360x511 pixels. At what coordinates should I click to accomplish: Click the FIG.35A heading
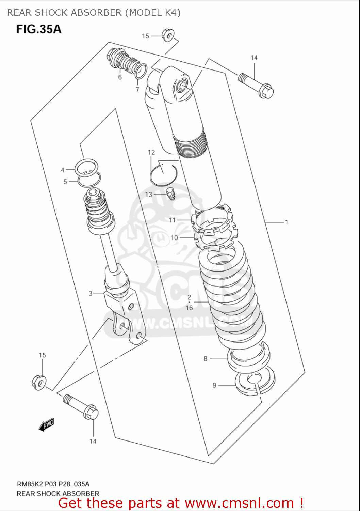point(39,29)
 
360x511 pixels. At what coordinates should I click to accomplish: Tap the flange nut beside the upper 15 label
point(168,35)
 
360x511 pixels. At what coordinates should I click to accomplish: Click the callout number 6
point(120,77)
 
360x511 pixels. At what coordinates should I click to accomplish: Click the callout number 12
point(151,152)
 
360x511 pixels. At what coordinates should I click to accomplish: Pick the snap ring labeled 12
point(163,175)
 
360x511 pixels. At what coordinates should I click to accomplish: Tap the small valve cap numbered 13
point(171,194)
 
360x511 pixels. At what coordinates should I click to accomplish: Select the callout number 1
point(287,222)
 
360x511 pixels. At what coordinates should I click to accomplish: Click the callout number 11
point(173,220)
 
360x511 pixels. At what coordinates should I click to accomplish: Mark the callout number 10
point(174,238)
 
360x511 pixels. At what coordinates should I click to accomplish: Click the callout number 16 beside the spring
point(189,308)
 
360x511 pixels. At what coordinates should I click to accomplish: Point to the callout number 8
point(206,358)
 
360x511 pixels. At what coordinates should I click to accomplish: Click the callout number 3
point(91,293)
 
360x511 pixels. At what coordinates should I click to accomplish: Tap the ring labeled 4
point(87,167)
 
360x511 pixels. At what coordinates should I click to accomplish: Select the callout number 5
point(65,182)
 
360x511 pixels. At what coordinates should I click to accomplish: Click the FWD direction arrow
point(46,425)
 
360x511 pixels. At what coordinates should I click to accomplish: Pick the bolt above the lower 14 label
point(81,407)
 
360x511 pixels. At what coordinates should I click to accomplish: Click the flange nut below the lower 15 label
point(39,382)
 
